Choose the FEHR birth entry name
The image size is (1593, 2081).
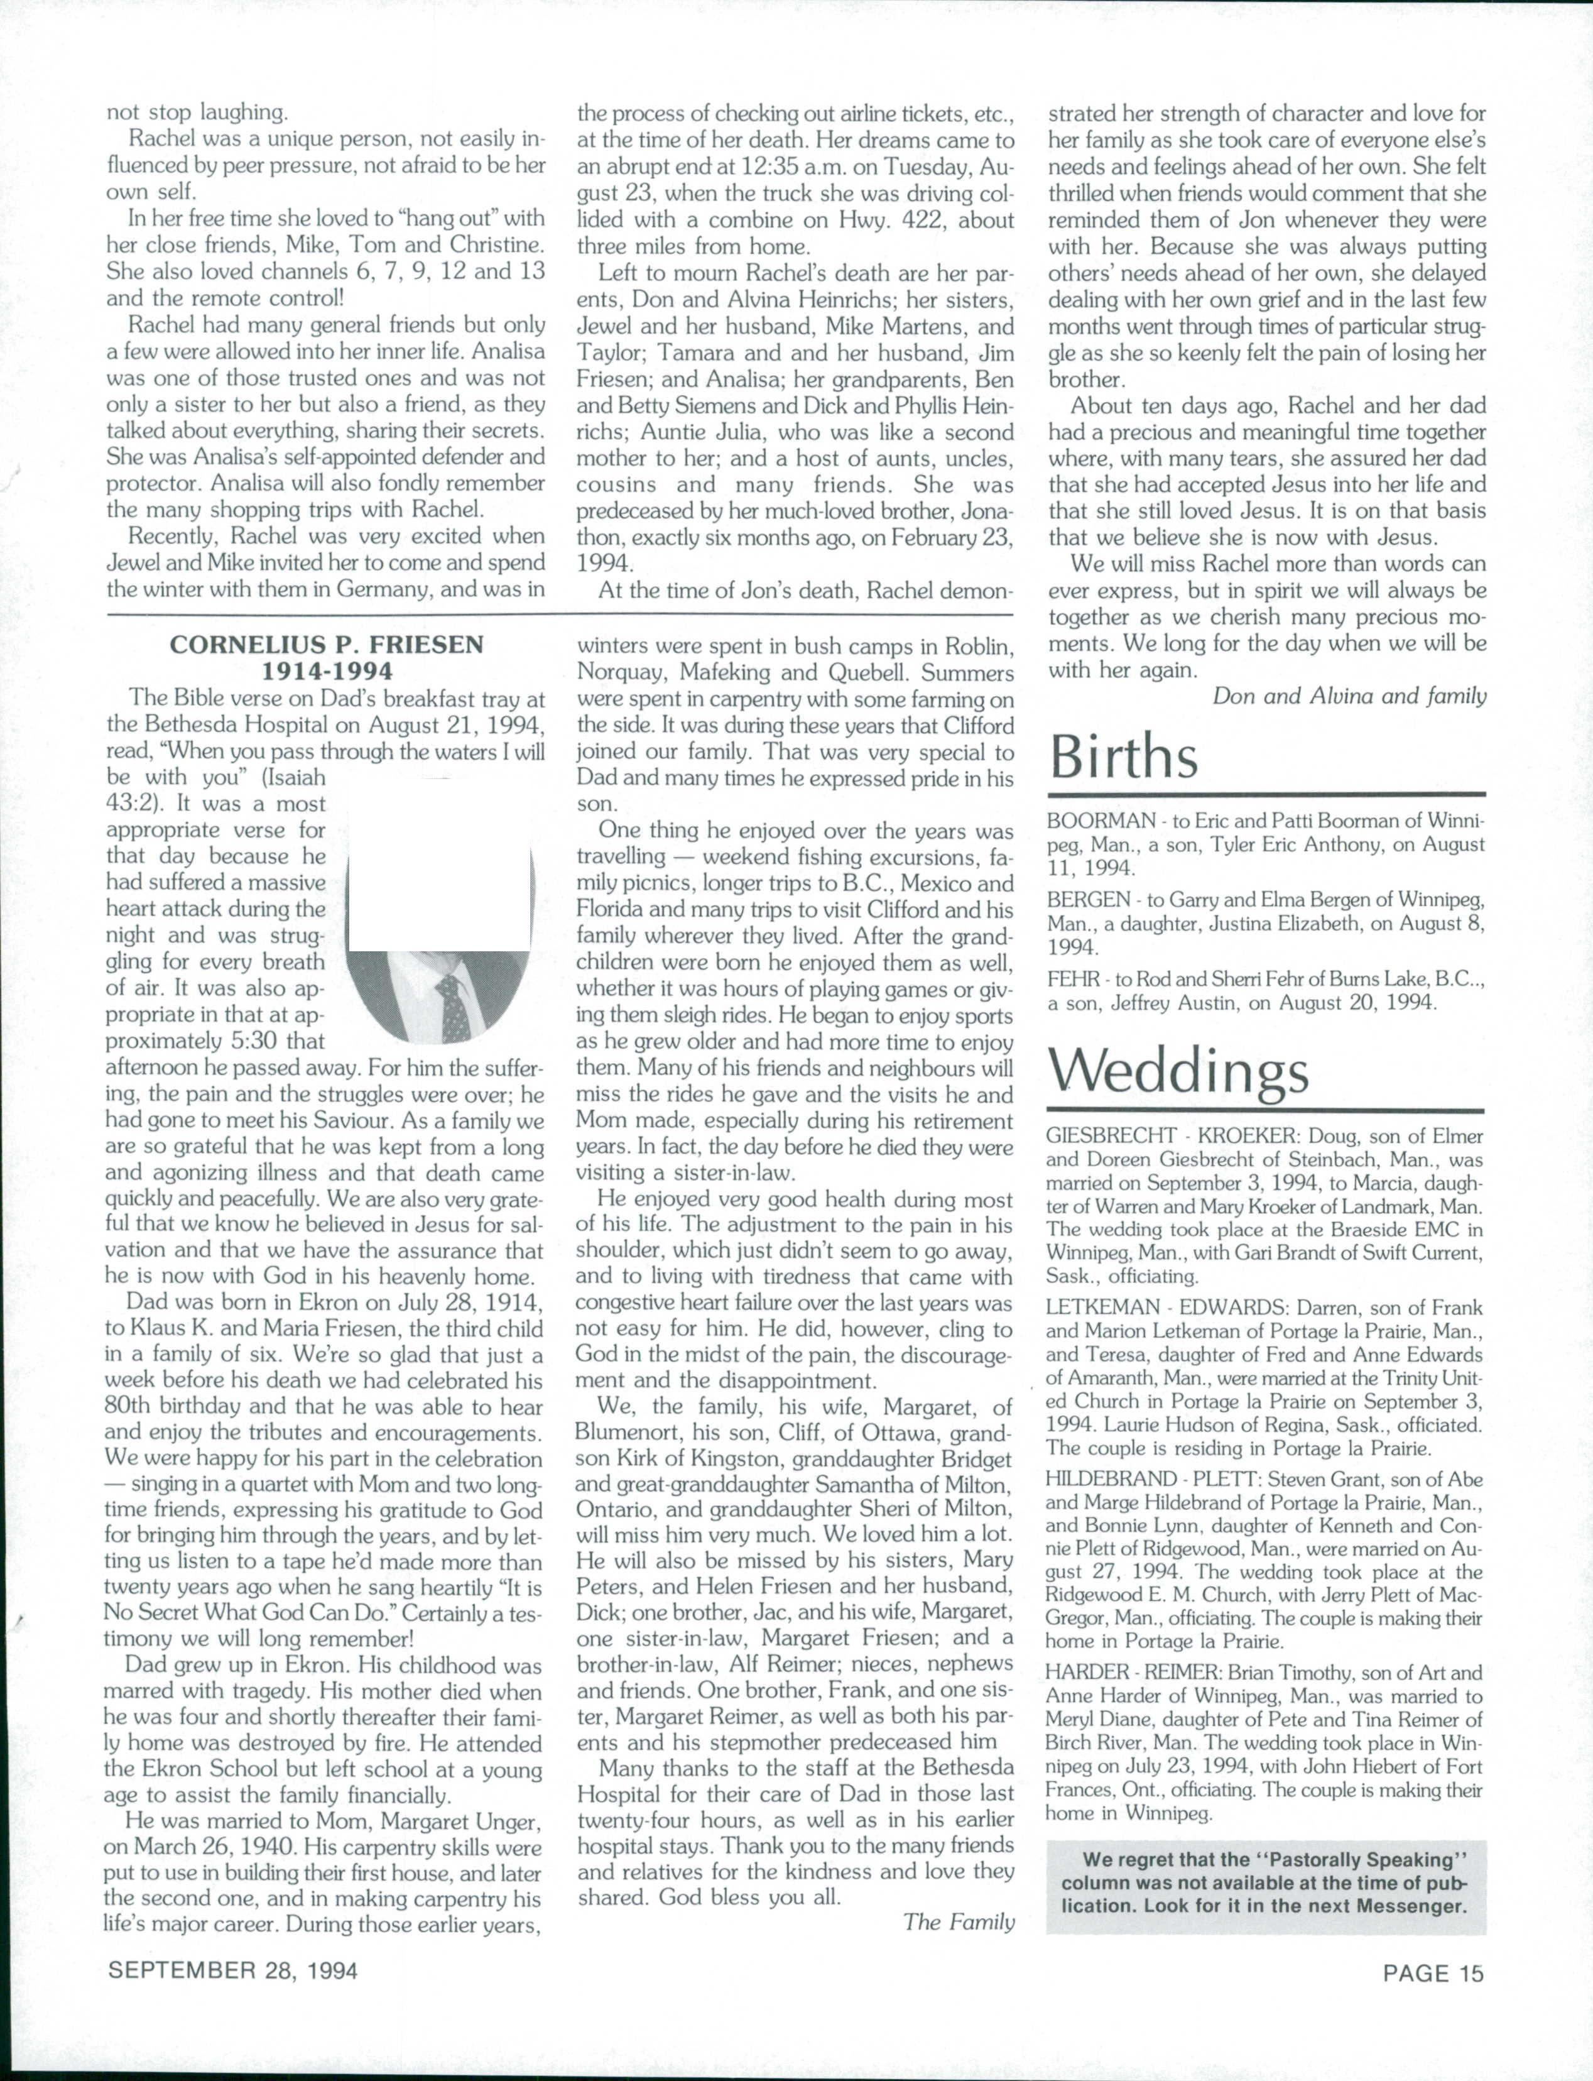pyautogui.click(x=1072, y=980)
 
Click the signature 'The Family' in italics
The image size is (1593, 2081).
pyautogui.click(x=959, y=1921)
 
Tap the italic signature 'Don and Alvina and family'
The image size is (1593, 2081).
pyautogui.click(x=1349, y=696)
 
